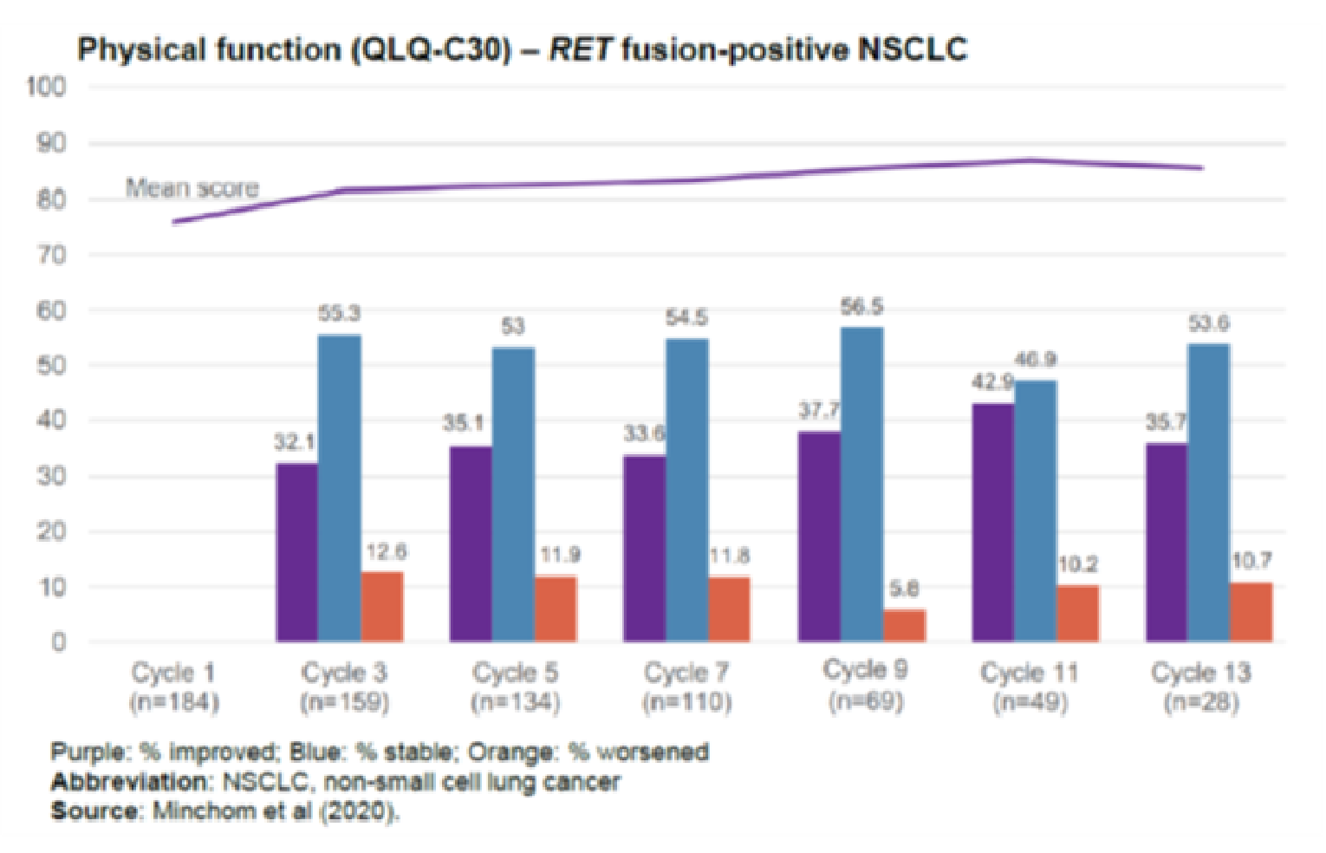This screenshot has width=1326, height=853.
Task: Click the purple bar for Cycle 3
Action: [297, 552]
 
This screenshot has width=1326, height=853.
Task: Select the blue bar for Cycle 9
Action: [861, 485]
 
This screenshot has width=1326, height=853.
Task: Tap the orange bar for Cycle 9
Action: [904, 626]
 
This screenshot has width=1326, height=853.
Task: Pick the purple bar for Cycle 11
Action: [993, 522]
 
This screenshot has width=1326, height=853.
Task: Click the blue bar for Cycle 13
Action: [1208, 492]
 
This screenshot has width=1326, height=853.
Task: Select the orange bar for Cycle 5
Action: [556, 609]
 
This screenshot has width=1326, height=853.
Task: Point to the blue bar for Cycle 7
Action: [687, 490]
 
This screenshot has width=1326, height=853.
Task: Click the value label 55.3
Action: [339, 314]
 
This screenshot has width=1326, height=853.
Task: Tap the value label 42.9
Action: [992, 382]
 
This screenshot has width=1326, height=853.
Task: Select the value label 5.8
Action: [904, 589]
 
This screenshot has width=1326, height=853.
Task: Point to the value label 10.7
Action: [1251, 562]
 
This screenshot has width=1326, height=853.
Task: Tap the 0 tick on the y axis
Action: [57, 642]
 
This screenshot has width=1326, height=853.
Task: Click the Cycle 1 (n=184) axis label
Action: [173, 687]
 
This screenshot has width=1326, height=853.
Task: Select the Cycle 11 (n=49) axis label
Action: [1030, 687]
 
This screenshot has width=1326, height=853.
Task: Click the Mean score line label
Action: [192, 188]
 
